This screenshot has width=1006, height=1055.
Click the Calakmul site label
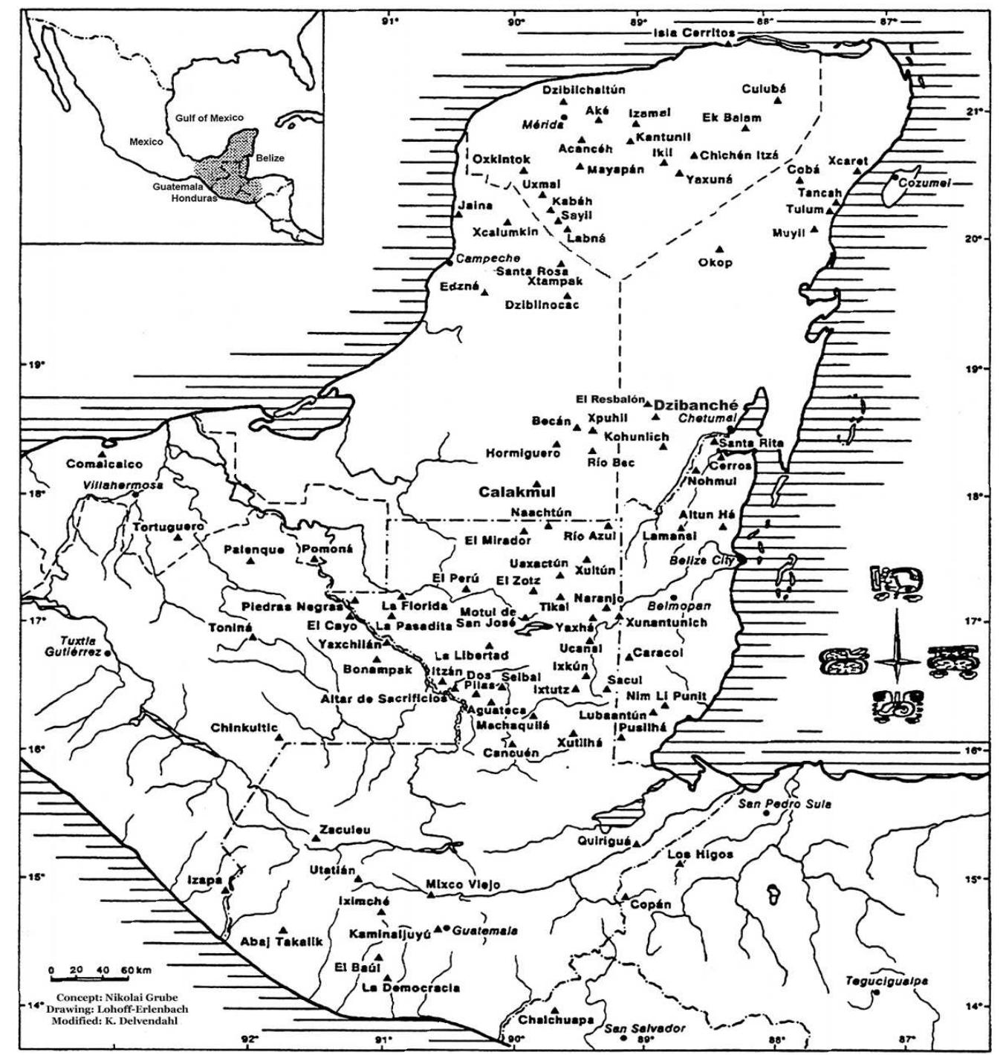click(x=516, y=492)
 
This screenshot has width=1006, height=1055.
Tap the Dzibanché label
click(x=695, y=406)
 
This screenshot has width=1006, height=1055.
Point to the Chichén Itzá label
click(x=739, y=155)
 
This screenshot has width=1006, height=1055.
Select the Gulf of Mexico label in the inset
click(x=209, y=118)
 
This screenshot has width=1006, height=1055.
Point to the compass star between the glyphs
click(x=896, y=660)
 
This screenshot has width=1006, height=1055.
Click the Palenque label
click(x=254, y=550)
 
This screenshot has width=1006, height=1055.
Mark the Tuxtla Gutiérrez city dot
click(x=108, y=652)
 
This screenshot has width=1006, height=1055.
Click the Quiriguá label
click(x=604, y=841)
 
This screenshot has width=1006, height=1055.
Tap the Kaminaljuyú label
click(x=390, y=934)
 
